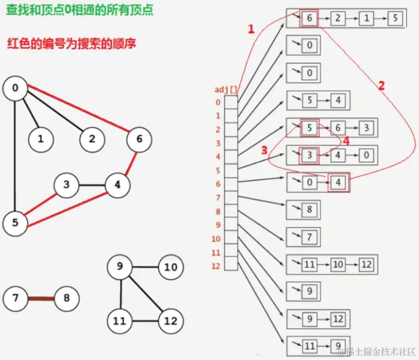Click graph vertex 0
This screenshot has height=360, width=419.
[15, 88]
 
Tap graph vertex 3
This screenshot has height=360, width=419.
[67, 185]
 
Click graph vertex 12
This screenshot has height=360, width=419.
[170, 321]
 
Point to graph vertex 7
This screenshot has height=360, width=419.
[15, 298]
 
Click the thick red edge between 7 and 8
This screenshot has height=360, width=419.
[41, 298]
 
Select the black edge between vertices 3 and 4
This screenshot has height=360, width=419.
[92, 185]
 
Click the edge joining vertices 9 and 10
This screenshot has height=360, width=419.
[145, 267]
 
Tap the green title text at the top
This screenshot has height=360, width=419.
[79, 10]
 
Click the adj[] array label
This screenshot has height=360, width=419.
[226, 90]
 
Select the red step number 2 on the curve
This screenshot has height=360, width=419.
[381, 86]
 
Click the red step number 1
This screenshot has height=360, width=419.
[250, 30]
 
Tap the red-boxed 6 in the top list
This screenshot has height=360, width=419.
[309, 18]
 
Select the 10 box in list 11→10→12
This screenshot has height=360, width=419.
[339, 265]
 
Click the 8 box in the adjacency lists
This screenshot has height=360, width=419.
[309, 210]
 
